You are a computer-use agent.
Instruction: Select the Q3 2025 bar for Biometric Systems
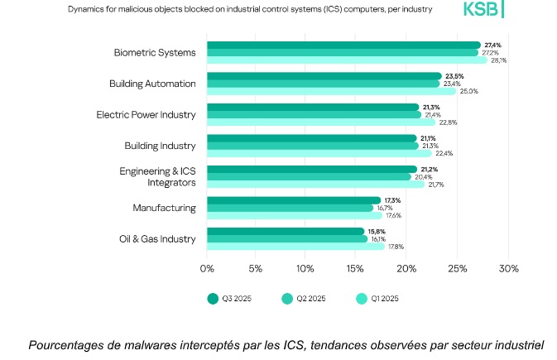coord(343,45)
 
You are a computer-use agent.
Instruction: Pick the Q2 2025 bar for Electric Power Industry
coord(314,114)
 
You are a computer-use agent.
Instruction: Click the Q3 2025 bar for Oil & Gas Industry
coord(285,232)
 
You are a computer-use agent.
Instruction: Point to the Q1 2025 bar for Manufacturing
coord(294,215)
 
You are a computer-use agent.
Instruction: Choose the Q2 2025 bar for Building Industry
coord(312,146)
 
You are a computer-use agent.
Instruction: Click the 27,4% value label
coord(492,45)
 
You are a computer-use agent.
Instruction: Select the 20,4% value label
coord(423,176)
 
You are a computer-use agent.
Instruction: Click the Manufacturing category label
coord(164,208)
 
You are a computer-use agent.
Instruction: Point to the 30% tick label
coord(508,268)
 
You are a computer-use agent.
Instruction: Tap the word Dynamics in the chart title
coord(87,9)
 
